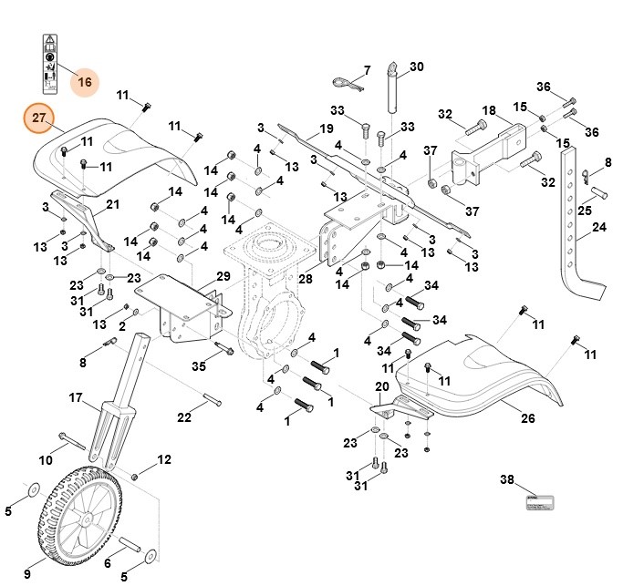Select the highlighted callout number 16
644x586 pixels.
85,82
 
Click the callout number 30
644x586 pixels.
417,67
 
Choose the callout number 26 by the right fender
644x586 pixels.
527,419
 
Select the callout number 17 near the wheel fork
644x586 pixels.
77,397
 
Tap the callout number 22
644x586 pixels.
184,417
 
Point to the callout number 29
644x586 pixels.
223,276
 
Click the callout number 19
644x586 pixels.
327,129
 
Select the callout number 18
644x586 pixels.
490,111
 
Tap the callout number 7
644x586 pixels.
367,70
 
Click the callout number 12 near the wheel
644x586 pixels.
164,459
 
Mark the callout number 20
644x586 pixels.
382,386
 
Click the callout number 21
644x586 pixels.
113,203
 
